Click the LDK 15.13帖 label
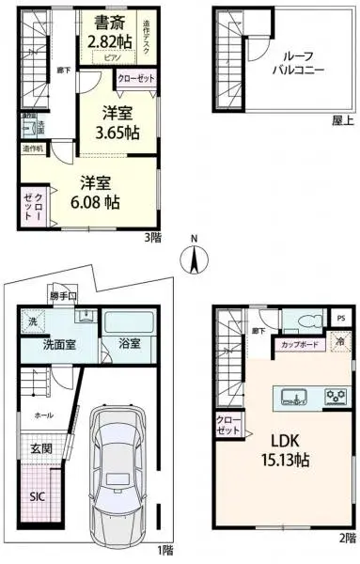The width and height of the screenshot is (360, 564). point(289,450)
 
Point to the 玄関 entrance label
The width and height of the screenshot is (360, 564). point(43,449)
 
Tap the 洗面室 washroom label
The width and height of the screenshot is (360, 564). point(61,345)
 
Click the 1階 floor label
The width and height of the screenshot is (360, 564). point(165,549)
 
